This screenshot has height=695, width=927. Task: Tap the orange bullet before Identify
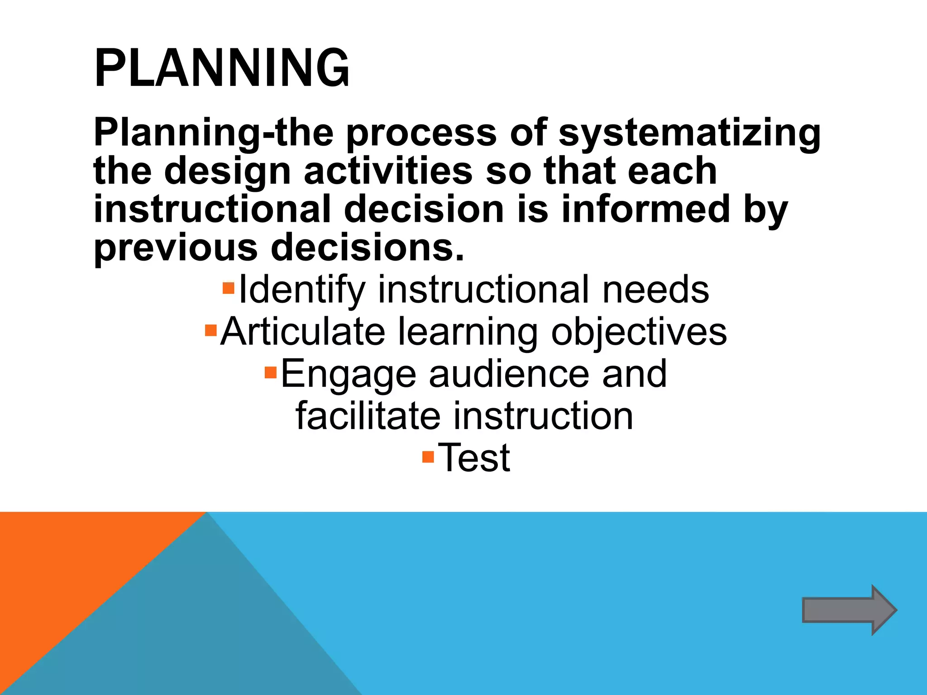[229, 288]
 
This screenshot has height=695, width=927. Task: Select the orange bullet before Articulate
[211, 330]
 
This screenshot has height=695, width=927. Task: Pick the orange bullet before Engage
[271, 372]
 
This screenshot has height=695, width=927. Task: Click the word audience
[509, 375]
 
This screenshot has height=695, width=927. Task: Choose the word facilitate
[368, 416]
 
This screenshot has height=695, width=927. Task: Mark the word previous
[175, 248]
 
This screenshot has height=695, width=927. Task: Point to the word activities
[388, 171]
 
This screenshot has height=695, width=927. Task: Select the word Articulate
[303, 332]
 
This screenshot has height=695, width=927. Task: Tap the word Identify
[302, 290]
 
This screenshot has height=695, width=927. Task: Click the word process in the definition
[421, 133]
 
